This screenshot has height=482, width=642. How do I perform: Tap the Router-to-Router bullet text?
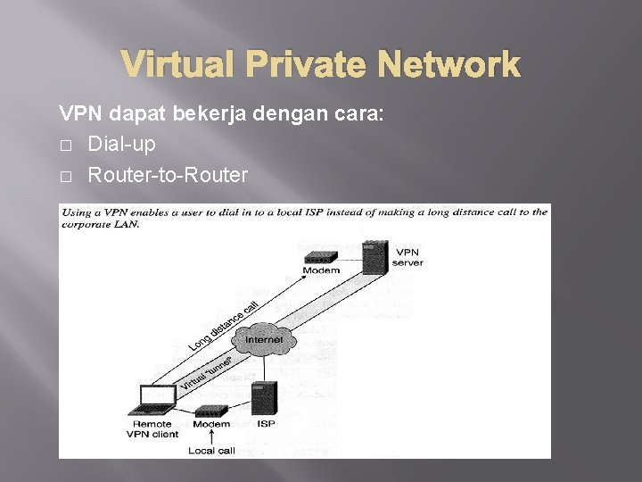tap(167, 175)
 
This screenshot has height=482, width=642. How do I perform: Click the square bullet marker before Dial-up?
tap(64, 145)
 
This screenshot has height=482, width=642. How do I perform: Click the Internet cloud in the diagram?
tap(264, 340)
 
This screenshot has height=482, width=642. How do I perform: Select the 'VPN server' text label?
tap(409, 257)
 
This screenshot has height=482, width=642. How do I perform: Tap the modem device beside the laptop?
tap(211, 411)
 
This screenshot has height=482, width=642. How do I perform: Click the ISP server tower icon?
tap(266, 397)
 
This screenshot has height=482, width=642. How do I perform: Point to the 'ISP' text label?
tap(265, 424)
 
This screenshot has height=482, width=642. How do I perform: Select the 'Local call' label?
tap(211, 451)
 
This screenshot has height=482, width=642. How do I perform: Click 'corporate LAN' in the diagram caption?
tap(100, 225)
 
